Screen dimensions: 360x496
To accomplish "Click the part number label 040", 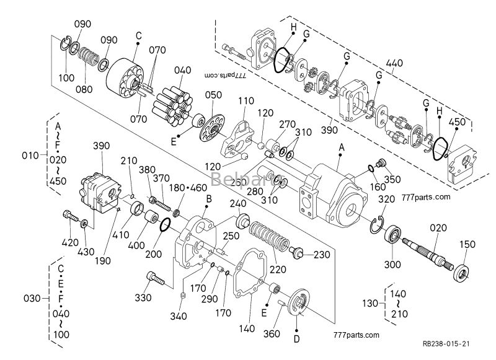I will click(x=182, y=70).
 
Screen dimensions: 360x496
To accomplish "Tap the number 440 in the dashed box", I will click(x=393, y=63).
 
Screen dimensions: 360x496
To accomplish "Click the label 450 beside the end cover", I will click(x=456, y=122).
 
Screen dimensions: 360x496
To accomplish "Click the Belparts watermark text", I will click(x=237, y=180).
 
